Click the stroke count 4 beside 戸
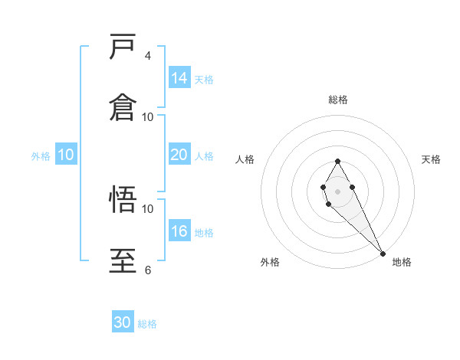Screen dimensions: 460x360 coord(148,56)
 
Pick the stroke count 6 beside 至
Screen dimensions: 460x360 coord(148,270)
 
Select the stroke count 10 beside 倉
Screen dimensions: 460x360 coord(148,116)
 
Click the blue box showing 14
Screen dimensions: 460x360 coord(179,78)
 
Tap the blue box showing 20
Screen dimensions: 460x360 coord(179,155)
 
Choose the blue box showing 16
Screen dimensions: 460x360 coord(179,231)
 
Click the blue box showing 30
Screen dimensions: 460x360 coord(123,322)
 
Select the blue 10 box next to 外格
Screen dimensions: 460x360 coord(66,155)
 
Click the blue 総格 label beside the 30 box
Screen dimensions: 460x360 coord(147,324)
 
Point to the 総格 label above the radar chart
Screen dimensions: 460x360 coord(338,100)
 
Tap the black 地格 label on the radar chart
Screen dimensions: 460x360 coord(402,262)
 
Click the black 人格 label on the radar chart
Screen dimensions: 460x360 coord(245,159)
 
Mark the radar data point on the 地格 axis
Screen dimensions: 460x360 coord(383,253)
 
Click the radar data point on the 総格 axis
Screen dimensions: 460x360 coord(337,162)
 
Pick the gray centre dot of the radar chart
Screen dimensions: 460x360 coord(337,190)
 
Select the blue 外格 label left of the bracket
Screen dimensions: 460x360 coord(41,156)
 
